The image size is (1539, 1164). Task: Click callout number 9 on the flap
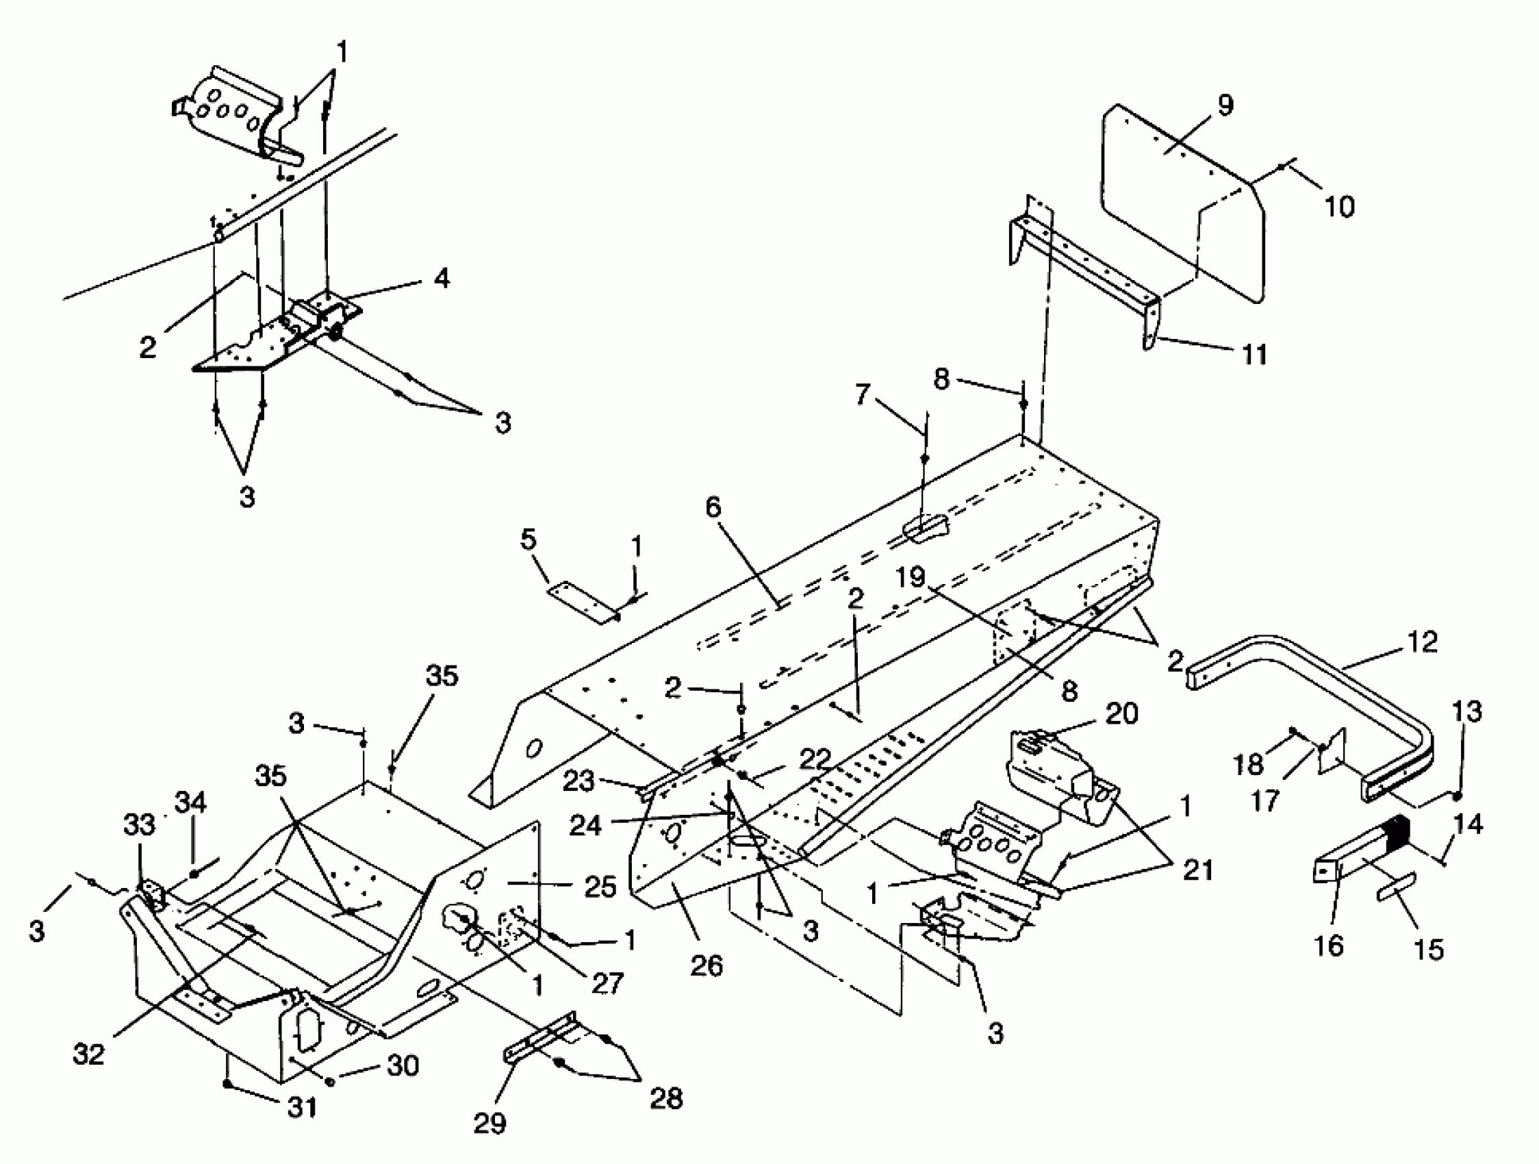pyautogui.click(x=1225, y=105)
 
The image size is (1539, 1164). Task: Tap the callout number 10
pyautogui.click(x=1339, y=206)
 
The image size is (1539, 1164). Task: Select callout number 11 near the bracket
pyautogui.click(x=1254, y=355)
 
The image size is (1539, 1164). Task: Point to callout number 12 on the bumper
pyautogui.click(x=1421, y=641)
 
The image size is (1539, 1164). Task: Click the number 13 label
pyautogui.click(x=1466, y=712)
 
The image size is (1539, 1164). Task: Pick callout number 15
pyautogui.click(x=1429, y=949)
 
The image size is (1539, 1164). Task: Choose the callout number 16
pyautogui.click(x=1328, y=945)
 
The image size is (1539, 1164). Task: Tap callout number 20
pyautogui.click(x=1121, y=714)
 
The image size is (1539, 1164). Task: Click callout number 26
pyautogui.click(x=707, y=965)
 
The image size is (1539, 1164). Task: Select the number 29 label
pyautogui.click(x=489, y=1122)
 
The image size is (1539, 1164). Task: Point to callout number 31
pyautogui.click(x=303, y=1107)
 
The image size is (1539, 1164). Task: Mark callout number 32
pyautogui.click(x=88, y=1054)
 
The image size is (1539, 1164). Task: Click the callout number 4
pyautogui.click(x=441, y=278)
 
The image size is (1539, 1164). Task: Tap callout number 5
pyautogui.click(x=529, y=540)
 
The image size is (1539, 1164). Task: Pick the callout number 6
pyautogui.click(x=713, y=507)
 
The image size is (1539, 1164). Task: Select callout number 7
pyautogui.click(x=862, y=394)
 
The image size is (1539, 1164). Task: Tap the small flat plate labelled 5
pyautogui.click(x=583, y=603)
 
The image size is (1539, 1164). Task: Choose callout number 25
pyautogui.click(x=600, y=887)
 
